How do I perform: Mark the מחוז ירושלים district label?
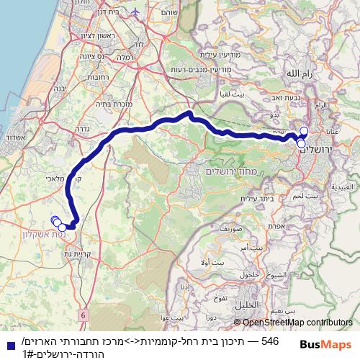[x=227, y=170]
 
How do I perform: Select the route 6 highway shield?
[x=84, y=315]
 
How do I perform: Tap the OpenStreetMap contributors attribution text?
[x=297, y=323]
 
